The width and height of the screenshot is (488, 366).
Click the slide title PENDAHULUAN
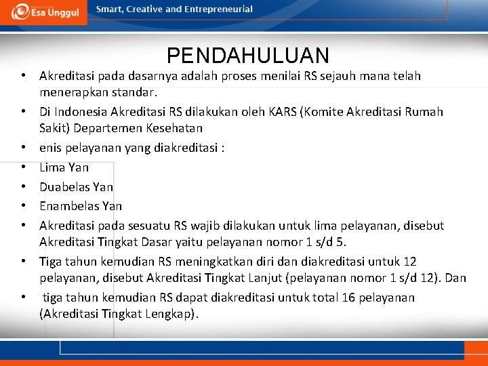click(247, 56)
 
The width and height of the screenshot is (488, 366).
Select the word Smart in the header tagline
click(110, 9)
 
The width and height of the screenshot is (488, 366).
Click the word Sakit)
click(57, 128)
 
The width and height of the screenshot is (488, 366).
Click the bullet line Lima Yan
click(64, 167)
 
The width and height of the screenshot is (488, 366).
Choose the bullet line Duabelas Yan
click(76, 186)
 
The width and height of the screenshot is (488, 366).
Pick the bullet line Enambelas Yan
click(80, 205)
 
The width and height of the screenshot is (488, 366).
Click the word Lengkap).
click(173, 313)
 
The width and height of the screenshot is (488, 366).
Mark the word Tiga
click(52, 262)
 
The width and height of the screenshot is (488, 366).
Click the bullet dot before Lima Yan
click(23, 167)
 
